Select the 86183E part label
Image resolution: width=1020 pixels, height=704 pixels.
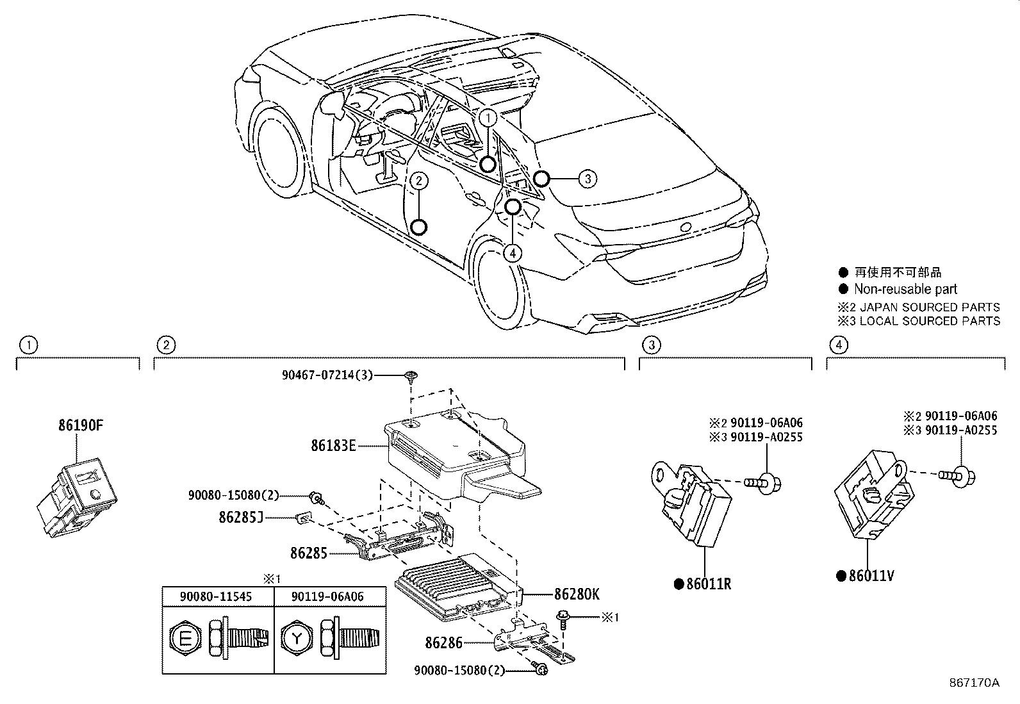tap(333, 445)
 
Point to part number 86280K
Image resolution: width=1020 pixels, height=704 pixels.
tap(577, 594)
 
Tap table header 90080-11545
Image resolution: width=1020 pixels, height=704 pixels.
tap(218, 596)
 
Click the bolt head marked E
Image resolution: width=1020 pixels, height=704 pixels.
tap(185, 638)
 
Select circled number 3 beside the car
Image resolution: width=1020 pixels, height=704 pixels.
tap(588, 179)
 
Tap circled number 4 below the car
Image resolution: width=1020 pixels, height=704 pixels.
tap(512, 254)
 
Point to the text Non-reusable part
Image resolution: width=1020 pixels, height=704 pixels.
tap(905, 290)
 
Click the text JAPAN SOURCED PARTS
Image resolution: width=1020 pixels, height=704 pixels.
tap(929, 307)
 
